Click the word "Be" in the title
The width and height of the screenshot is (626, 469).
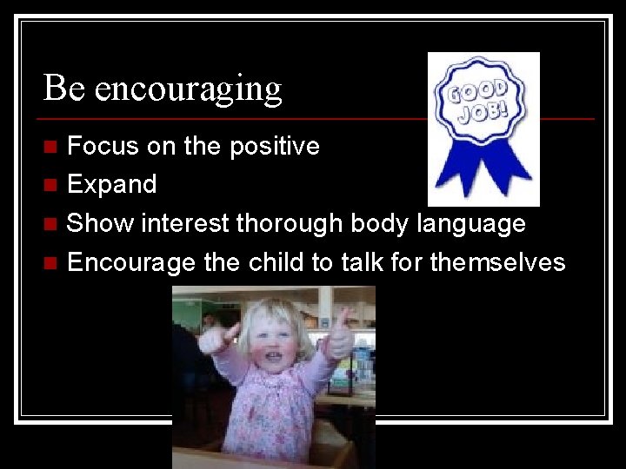(x=64, y=88)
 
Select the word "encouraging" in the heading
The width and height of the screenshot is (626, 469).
(x=189, y=90)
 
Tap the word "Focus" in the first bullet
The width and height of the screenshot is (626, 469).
(x=103, y=146)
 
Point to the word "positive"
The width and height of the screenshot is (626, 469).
(x=274, y=147)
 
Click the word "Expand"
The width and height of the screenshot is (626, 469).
(x=111, y=185)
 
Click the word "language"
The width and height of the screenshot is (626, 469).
(x=470, y=224)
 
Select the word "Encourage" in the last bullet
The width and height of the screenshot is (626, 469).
(x=130, y=262)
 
